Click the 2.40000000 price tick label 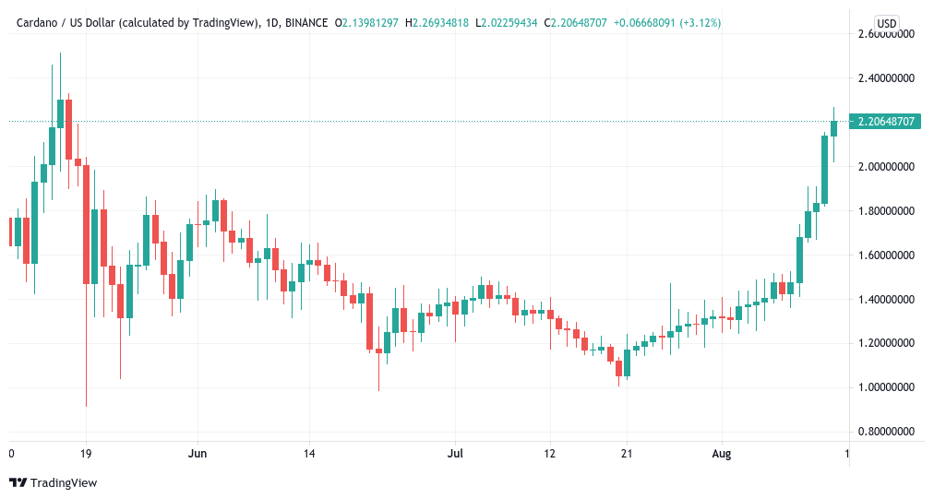click(886, 78)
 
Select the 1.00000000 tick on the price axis click(886, 387)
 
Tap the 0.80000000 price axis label click(886, 432)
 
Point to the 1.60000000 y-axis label click(886, 255)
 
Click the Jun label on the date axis click(196, 454)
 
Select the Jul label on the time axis click(454, 454)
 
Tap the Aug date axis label click(722, 454)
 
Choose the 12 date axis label click(549, 454)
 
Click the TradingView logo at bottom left click(53, 482)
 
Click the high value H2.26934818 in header click(436, 22)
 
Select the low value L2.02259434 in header click(507, 22)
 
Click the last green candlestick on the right click(834, 128)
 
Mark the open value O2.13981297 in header click(366, 22)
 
